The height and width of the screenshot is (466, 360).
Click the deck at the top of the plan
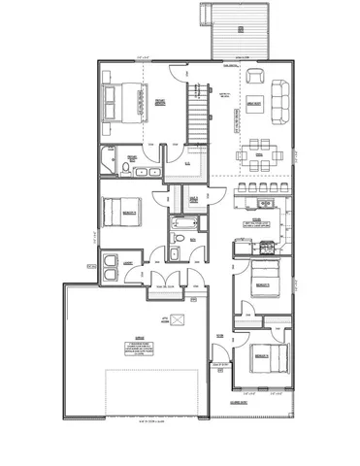(237, 30)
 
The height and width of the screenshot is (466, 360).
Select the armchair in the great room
(256, 77)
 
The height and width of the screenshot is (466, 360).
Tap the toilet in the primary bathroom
(126, 167)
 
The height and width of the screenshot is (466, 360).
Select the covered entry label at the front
(238, 402)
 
